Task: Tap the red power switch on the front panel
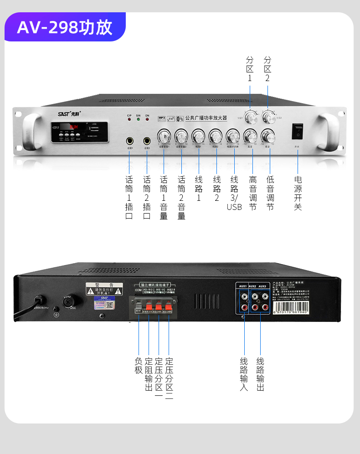pyautogui.click(x=298, y=130)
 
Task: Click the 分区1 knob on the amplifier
pyautogui.click(x=250, y=118)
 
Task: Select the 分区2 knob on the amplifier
pyautogui.click(x=268, y=118)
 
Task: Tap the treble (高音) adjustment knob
pyautogui.click(x=250, y=136)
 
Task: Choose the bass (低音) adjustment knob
pyautogui.click(x=268, y=136)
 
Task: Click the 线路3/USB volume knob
pyautogui.click(x=233, y=136)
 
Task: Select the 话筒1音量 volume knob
pyautogui.click(x=164, y=136)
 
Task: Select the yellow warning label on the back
pyautogui.click(x=104, y=289)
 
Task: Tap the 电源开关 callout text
pyautogui.click(x=298, y=193)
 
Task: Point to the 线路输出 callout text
pyautogui.click(x=260, y=374)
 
